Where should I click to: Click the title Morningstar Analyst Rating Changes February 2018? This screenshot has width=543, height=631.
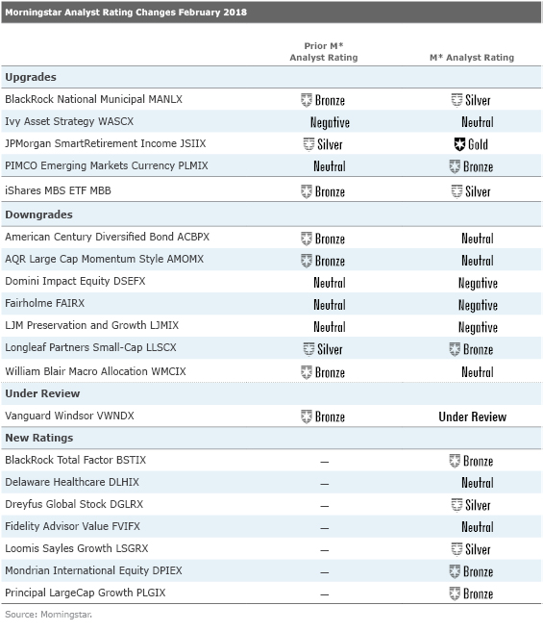126,13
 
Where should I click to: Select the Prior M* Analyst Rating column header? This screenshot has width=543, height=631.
323,52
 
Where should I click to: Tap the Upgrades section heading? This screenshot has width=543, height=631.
31,76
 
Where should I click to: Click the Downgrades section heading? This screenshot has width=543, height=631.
38,215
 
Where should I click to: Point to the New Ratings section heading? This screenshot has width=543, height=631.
39,438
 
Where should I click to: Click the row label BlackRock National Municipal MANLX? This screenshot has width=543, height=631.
93,99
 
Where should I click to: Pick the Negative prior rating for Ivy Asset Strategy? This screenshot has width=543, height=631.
330,122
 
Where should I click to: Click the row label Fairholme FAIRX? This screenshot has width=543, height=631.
43,304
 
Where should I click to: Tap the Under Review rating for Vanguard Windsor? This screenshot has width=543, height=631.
472,416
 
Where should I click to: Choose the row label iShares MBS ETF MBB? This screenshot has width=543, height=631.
59,191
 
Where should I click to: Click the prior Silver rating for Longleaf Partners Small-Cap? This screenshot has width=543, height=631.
323,349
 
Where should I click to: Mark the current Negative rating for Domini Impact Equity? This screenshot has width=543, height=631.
478,283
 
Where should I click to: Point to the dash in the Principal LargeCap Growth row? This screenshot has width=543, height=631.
324,593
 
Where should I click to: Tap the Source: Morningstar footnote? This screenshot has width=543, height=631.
54,614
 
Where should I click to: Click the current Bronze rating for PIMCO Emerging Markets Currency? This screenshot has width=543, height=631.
471,166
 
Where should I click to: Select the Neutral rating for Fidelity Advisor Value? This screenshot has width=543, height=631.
478,527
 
